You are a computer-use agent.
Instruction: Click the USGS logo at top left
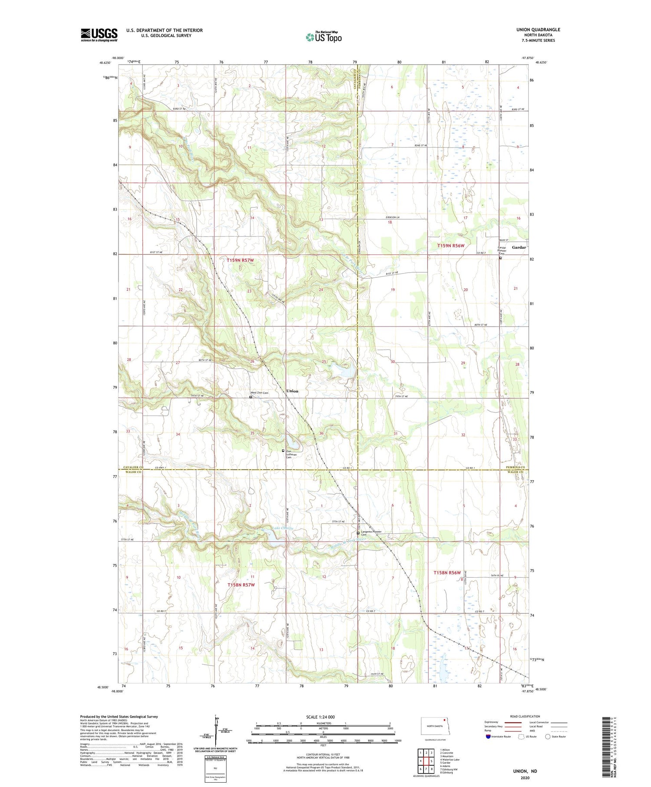click(x=99, y=35)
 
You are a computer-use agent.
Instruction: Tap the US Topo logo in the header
click(x=323, y=37)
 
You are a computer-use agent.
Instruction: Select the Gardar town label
click(x=519, y=247)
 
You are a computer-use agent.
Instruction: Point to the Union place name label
click(x=292, y=391)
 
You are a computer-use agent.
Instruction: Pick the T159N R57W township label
click(x=240, y=260)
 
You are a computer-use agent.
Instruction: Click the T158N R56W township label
click(x=447, y=573)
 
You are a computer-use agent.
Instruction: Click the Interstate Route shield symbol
click(x=489, y=737)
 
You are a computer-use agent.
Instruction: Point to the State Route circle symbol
click(x=548, y=737)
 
